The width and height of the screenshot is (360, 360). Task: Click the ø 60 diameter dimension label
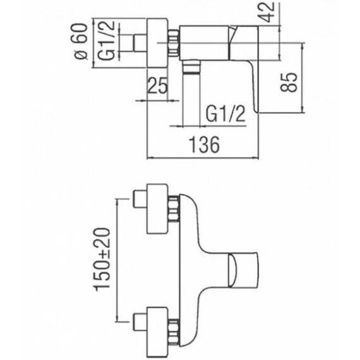[x=82, y=42]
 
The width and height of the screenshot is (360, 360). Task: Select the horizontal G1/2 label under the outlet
[x=225, y=114]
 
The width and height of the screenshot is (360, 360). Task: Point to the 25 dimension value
[x=157, y=85]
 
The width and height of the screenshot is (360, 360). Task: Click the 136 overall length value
[x=204, y=145]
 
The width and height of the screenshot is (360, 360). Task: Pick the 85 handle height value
[x=289, y=82]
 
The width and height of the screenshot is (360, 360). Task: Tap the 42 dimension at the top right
[x=268, y=12]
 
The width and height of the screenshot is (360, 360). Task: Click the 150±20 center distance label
[x=102, y=259]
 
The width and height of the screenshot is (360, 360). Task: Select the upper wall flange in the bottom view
[x=157, y=208]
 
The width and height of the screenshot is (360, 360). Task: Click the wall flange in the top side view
[x=157, y=43]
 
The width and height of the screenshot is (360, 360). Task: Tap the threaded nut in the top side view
[x=174, y=43]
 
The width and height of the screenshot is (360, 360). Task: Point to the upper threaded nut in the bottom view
[x=174, y=209]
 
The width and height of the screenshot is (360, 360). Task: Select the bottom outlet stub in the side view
[x=191, y=68]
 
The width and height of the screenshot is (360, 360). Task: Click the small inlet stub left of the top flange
[x=140, y=43]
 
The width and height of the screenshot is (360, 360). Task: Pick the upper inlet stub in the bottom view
[x=140, y=199]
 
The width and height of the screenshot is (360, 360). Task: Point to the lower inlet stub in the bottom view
[x=140, y=322]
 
